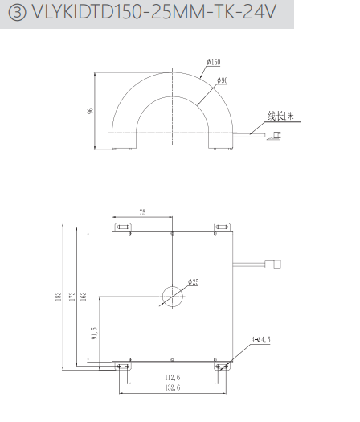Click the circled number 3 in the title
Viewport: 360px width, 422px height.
click(17, 12)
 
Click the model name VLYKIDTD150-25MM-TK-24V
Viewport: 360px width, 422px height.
click(154, 12)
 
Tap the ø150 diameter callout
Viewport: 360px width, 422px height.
click(214, 62)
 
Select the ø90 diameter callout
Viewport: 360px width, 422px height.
click(223, 80)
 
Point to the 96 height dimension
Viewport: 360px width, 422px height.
click(90, 110)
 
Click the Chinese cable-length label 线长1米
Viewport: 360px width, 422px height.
click(280, 116)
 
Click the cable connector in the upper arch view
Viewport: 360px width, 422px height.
click(273, 135)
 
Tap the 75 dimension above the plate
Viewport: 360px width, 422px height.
click(142, 212)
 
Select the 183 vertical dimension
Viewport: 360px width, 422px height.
click(59, 296)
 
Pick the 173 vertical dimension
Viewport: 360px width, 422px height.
click(72, 296)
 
